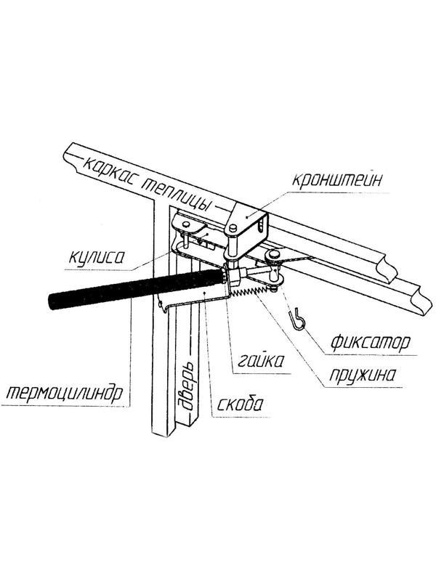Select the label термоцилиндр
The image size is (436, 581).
(x=61, y=394)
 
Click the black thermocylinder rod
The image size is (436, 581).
(x=131, y=287)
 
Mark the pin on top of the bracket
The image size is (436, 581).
(x=232, y=229)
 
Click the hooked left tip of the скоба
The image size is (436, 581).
(x=164, y=305)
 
